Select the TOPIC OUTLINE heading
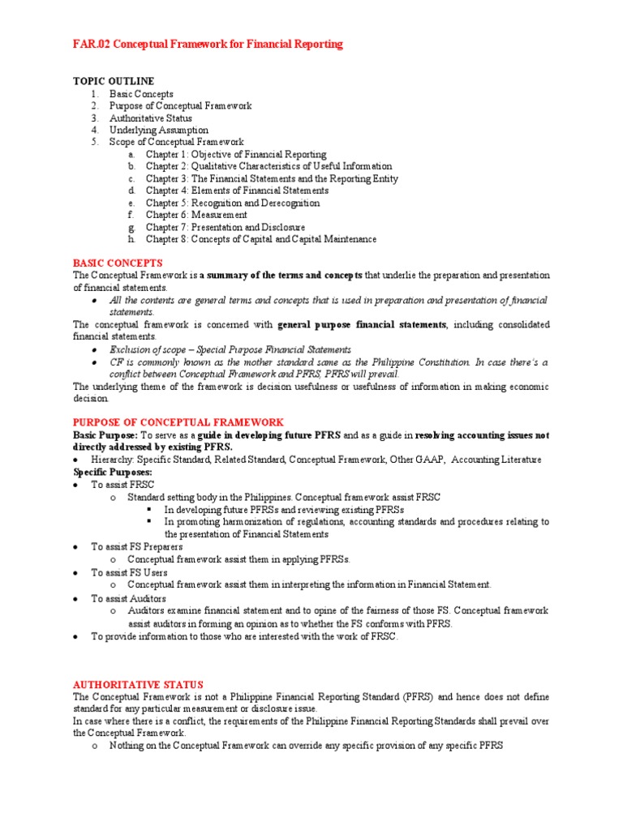pyautogui.click(x=107, y=82)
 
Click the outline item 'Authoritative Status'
pyautogui.click(x=151, y=118)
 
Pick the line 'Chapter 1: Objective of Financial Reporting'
pyautogui.click(x=236, y=155)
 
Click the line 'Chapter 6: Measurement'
pyautogui.click(x=196, y=216)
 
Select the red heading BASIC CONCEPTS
pyautogui.click(x=118, y=263)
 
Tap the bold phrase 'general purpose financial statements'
pyautogui.click(x=362, y=325)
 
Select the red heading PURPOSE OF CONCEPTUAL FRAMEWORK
pyautogui.click(x=178, y=422)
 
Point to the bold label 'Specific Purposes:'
pyautogui.click(x=113, y=472)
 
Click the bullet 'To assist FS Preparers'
pyautogui.click(x=136, y=547)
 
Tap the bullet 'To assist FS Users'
pyautogui.click(x=129, y=572)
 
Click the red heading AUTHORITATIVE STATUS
pyautogui.click(x=138, y=684)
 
